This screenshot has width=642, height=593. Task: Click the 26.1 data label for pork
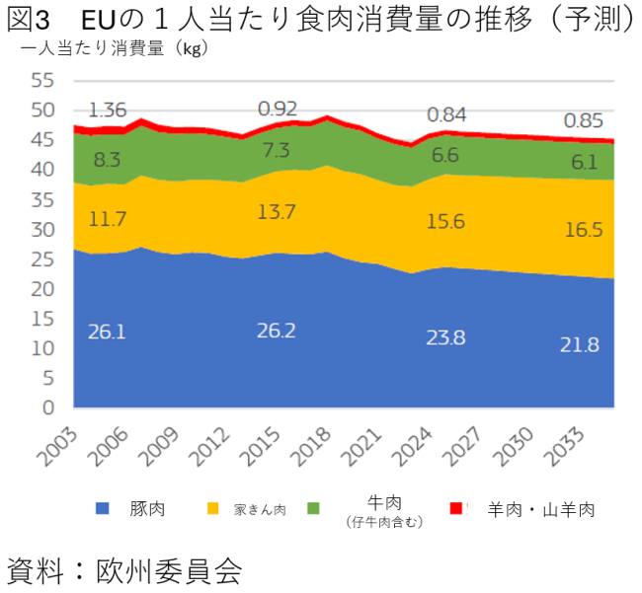click(x=107, y=333)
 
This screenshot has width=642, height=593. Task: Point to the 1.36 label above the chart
click(x=107, y=110)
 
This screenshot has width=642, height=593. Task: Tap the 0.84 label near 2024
click(x=446, y=114)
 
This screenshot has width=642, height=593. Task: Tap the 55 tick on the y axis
click(x=41, y=81)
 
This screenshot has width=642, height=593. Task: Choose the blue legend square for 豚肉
click(x=102, y=509)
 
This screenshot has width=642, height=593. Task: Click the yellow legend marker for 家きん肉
click(x=212, y=509)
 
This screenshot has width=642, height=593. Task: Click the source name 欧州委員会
click(x=169, y=571)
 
